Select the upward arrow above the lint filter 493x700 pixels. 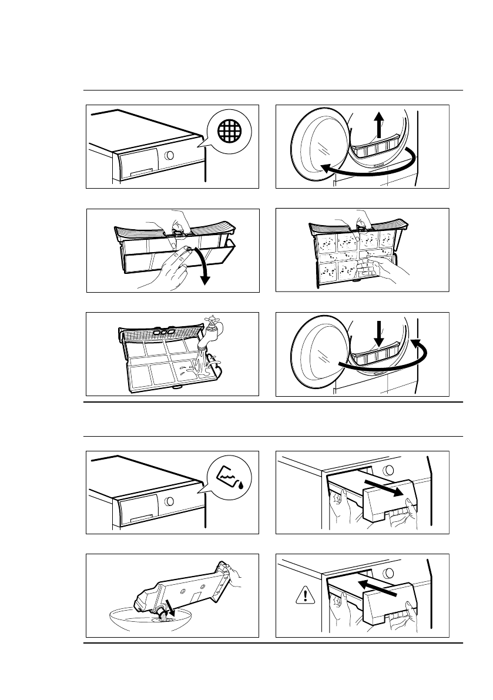coord(379,125)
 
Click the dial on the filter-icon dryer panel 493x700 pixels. coord(169,155)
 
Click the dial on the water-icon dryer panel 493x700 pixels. coord(169,501)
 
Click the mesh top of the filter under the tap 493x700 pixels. coord(159,335)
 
